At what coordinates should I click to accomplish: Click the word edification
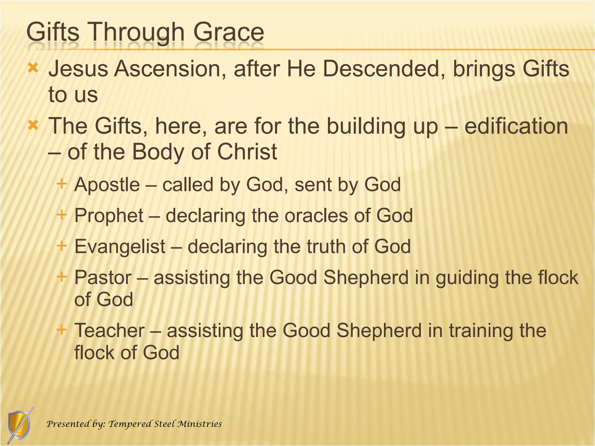(x=516, y=126)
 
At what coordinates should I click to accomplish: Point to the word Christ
(x=247, y=152)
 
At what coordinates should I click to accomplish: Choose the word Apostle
(x=107, y=185)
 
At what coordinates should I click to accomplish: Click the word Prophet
(x=109, y=216)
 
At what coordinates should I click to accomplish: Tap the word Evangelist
(x=120, y=247)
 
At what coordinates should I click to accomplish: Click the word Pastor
(x=103, y=278)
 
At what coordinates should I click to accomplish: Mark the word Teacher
(x=109, y=331)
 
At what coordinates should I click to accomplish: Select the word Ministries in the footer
(x=200, y=424)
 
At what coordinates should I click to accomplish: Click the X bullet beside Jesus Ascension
(x=33, y=69)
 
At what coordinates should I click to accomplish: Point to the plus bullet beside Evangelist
(x=62, y=246)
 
